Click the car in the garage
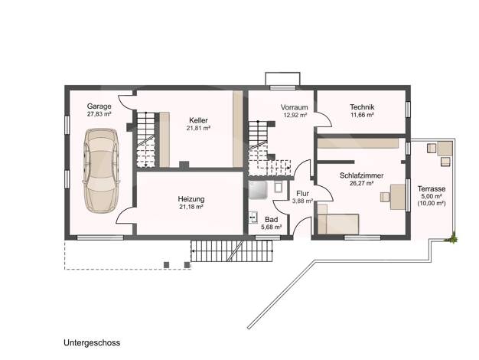pos(100,171)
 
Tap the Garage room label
pos(99,106)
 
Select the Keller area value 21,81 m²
pos(198,128)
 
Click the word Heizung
pos(191,199)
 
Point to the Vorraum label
pos(294,107)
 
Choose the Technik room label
pos(362,107)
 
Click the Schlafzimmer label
pos(362,175)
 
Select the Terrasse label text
pos(432,188)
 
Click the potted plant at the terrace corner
pos(452,237)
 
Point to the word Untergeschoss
pos(92,343)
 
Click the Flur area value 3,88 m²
pos(302,201)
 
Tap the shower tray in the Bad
pos(258,190)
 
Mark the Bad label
pos(272,220)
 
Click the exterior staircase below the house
pos(232,250)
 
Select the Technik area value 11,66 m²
pos(362,115)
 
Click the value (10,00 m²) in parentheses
pos(432,204)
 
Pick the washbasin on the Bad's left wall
pos(253,217)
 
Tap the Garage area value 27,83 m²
pos(99,114)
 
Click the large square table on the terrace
pos(445,149)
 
